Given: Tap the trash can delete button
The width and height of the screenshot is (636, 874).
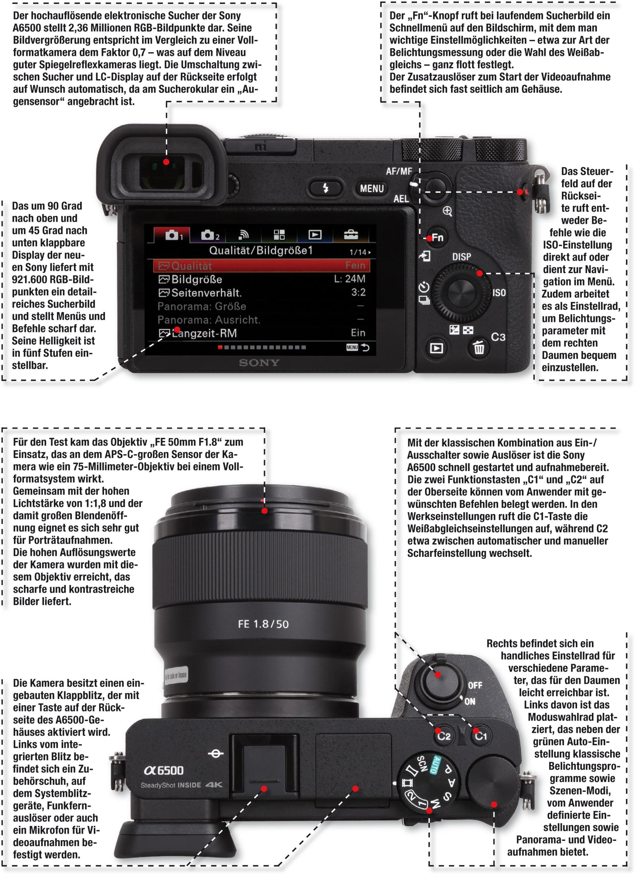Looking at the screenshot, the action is click(x=479, y=348).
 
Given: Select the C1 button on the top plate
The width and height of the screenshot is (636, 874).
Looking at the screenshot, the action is click(x=480, y=736).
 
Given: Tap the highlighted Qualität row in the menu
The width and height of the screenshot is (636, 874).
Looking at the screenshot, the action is click(x=262, y=265).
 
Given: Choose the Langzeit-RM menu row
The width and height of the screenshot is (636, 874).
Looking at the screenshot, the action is click(x=262, y=333).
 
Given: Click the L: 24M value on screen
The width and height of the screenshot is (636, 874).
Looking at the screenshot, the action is click(x=349, y=279).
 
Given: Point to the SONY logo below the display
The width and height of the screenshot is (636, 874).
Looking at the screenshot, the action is click(x=259, y=363).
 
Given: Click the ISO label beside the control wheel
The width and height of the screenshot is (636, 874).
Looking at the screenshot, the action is click(x=499, y=293).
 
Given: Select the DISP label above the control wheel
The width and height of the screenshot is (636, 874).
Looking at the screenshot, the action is click(x=461, y=257).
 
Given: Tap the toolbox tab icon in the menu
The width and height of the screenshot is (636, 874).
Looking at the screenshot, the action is click(x=350, y=234).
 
